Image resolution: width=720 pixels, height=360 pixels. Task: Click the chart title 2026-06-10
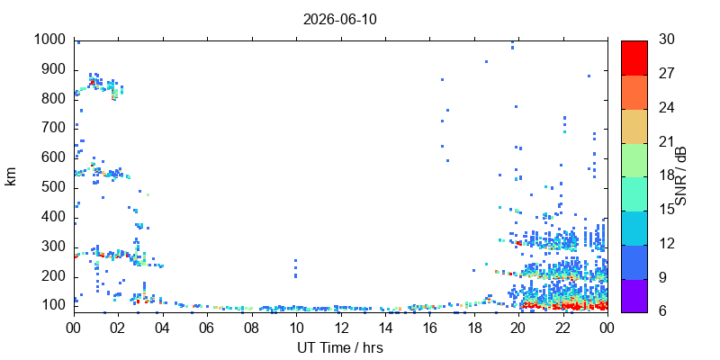(x=340, y=20)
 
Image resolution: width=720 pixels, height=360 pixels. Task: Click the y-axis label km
(x=11, y=176)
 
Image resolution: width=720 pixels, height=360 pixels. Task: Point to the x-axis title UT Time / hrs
(x=340, y=348)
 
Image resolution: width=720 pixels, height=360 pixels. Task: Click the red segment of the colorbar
(x=634, y=58)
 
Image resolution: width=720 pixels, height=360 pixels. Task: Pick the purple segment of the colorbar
(x=634, y=296)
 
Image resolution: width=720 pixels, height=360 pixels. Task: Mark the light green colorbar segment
(x=634, y=160)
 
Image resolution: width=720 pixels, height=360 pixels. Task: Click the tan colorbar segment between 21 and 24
(x=634, y=126)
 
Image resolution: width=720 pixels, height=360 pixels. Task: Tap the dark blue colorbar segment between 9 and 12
(x=634, y=262)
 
